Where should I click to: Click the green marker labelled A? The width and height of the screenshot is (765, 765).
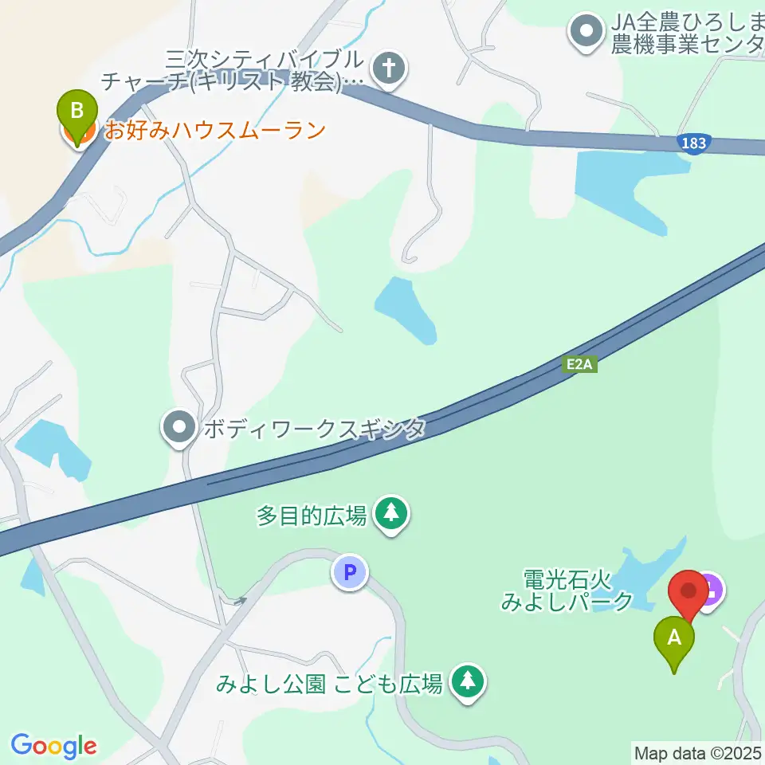(674, 639)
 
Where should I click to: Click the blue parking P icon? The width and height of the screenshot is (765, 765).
(349, 571)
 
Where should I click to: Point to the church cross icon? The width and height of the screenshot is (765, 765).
(390, 69)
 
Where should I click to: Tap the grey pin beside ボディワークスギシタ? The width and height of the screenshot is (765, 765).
(178, 428)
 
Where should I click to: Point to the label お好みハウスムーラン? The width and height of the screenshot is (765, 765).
(215, 129)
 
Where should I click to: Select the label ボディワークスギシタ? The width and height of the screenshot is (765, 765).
(314, 429)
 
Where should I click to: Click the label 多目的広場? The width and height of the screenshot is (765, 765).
(312, 516)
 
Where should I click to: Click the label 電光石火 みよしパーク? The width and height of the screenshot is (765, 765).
(567, 589)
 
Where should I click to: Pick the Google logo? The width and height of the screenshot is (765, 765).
(53, 746)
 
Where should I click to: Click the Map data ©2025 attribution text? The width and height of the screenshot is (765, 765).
(698, 752)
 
